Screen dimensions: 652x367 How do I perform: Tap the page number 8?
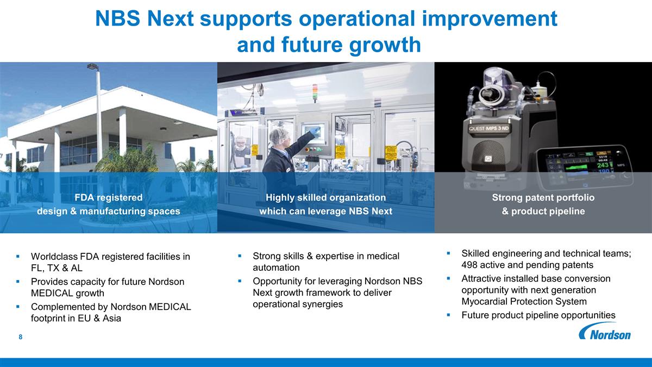point(21,337)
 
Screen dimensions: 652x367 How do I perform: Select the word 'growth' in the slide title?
point(385,45)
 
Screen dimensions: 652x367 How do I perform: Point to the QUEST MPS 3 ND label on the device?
point(488,128)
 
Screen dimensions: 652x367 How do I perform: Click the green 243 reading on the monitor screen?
point(603,165)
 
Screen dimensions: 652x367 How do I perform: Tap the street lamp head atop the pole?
point(92,67)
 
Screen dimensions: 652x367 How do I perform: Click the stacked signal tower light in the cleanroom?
point(315,92)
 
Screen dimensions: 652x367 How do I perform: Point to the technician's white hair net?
point(278,135)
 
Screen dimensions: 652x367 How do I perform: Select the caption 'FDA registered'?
point(109,197)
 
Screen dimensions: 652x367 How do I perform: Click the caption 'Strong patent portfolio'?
point(543,197)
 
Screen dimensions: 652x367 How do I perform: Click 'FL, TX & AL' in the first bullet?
point(57,268)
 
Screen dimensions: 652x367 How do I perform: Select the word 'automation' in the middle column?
point(276,268)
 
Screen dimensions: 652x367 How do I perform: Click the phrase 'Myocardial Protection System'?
point(524,301)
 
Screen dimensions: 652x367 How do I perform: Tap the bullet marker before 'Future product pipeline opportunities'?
point(448,315)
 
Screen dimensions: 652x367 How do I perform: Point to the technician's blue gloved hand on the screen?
point(315,131)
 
